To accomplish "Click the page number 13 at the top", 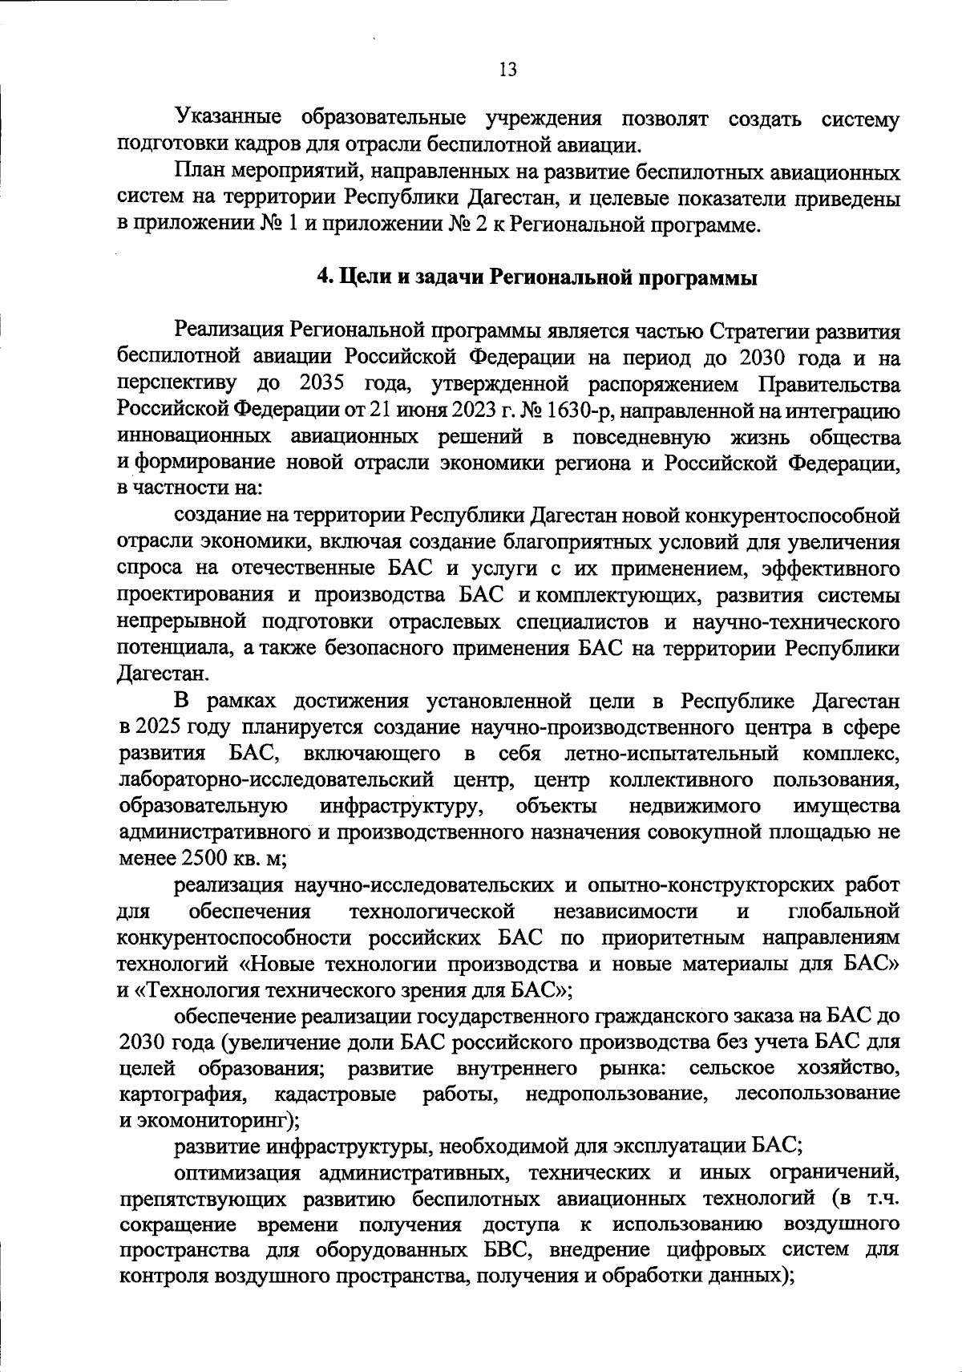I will (x=507, y=70).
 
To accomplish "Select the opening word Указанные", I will (x=228, y=119).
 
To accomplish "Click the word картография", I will (x=182, y=1093).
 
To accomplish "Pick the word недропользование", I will (x=616, y=1093).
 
